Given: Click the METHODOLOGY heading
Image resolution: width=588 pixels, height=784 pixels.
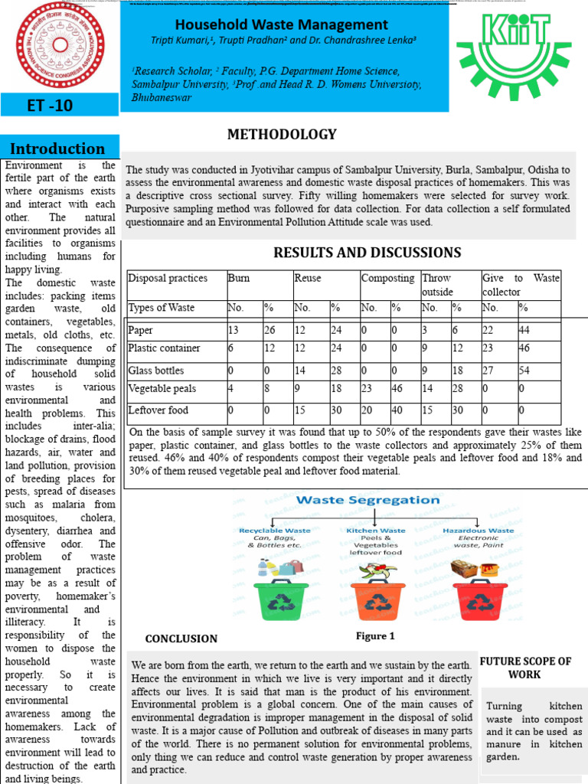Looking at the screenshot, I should (x=282, y=135).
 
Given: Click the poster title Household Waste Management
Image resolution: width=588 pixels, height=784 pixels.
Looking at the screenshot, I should (x=282, y=25).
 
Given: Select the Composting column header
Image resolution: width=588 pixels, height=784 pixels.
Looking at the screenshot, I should (x=387, y=279).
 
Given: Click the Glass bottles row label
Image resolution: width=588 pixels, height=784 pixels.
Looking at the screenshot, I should (x=156, y=371).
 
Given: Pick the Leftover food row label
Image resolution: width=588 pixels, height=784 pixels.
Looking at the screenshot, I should (x=158, y=410).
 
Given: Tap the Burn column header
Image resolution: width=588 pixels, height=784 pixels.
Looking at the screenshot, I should (x=239, y=279).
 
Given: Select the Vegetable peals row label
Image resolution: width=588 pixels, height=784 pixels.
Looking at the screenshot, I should (x=162, y=389).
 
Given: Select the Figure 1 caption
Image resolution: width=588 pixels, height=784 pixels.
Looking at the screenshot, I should (x=375, y=636).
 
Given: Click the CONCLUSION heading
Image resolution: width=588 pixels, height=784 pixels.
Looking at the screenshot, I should (x=181, y=639).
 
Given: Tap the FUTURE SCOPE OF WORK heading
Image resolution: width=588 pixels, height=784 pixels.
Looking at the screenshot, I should (x=525, y=668).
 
